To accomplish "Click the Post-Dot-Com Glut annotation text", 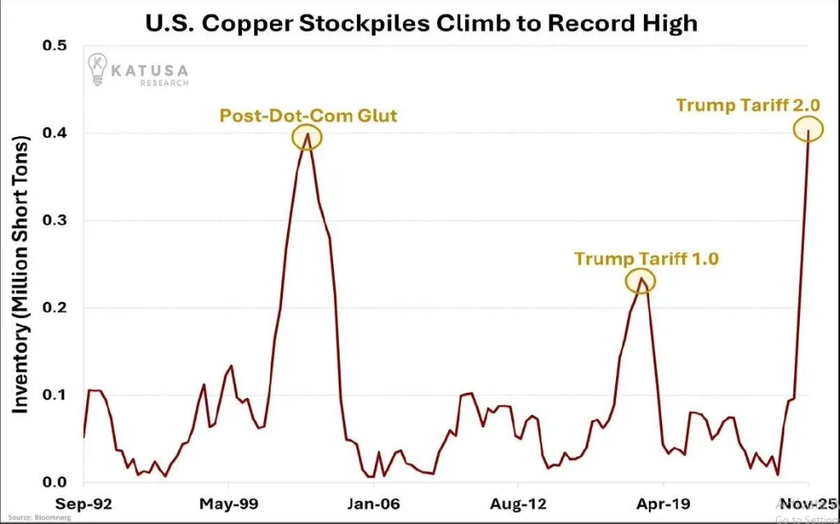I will point(308,116).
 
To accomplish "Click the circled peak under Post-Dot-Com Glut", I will point(308,136).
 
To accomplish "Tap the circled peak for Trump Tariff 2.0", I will point(808,129).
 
